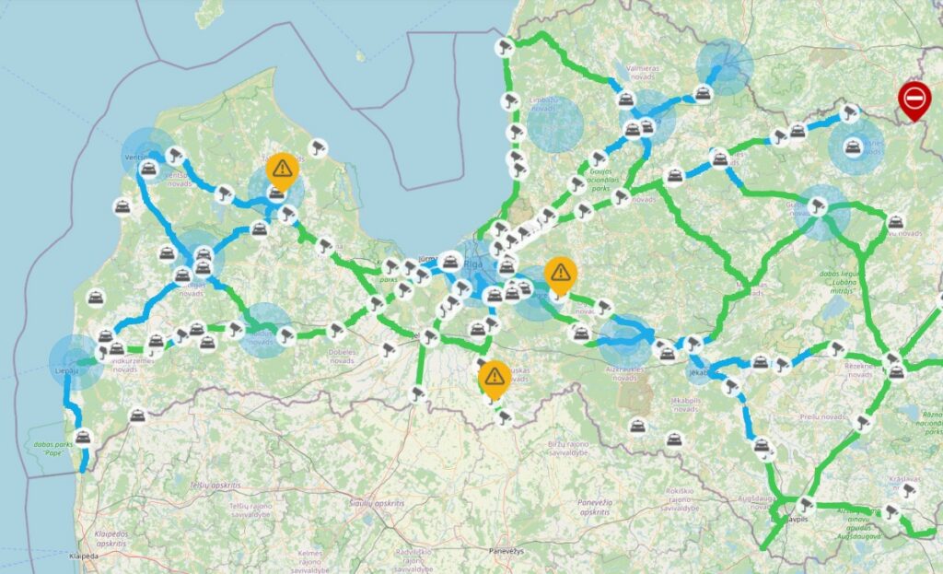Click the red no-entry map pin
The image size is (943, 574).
pyautogui.click(x=914, y=98)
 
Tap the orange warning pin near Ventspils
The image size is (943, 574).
pyautogui.click(x=282, y=170)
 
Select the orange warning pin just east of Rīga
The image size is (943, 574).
pyautogui.click(x=559, y=273)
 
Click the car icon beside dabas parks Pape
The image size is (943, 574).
pyautogui.click(x=83, y=436)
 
